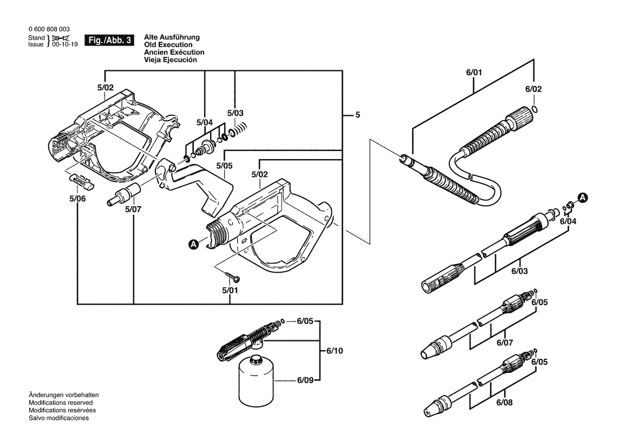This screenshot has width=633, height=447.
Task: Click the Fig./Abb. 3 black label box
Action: pyautogui.click(x=109, y=41)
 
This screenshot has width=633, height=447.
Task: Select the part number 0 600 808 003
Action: pyautogui.click(x=49, y=29)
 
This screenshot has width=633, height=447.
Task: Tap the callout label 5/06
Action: pyautogui.click(x=77, y=199)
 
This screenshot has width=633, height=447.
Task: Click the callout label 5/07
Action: pyautogui.click(x=133, y=209)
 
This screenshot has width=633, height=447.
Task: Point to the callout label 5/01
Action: pyautogui.click(x=230, y=290)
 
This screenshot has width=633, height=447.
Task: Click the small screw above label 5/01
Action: pyautogui.click(x=233, y=277)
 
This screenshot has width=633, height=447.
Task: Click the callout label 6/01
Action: pyautogui.click(x=474, y=72)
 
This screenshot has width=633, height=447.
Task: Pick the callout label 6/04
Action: pyautogui.click(x=568, y=221)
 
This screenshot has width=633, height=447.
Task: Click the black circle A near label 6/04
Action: pyautogui.click(x=583, y=198)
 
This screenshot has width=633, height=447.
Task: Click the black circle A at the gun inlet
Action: pyautogui.click(x=194, y=244)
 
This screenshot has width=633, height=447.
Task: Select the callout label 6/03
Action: pyautogui.click(x=520, y=271)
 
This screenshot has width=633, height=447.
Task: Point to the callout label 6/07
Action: pyautogui.click(x=505, y=343)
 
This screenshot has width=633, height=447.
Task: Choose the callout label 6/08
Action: pyautogui.click(x=505, y=402)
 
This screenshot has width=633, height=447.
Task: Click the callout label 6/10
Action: pyautogui.click(x=334, y=351)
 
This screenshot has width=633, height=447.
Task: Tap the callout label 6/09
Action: pyautogui.click(x=305, y=380)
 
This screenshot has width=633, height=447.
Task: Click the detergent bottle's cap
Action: pyautogui.click(x=256, y=359)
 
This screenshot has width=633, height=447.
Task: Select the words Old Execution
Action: pyautogui.click(x=168, y=45)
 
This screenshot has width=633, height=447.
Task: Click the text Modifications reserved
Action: pyautogui.click(x=61, y=403)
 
